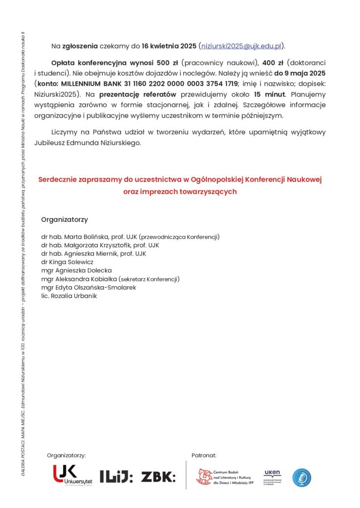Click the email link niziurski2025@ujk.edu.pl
(241, 46)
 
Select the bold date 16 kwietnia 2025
(169, 46)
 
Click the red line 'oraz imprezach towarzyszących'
(180, 191)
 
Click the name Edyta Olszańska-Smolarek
(96, 287)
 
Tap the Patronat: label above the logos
(204, 455)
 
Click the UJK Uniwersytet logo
(72, 476)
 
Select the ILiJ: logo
(116, 477)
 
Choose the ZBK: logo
(158, 477)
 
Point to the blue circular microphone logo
(301, 477)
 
